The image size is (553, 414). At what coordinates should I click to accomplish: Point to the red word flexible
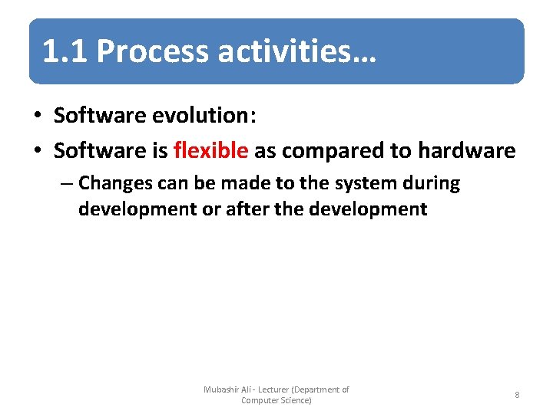210,150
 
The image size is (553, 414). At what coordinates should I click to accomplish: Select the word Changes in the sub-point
114,184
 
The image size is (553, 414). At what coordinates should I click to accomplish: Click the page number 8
517,395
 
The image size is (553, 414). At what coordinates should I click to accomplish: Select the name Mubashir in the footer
222,389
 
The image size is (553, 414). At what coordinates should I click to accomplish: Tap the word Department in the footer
316,389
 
